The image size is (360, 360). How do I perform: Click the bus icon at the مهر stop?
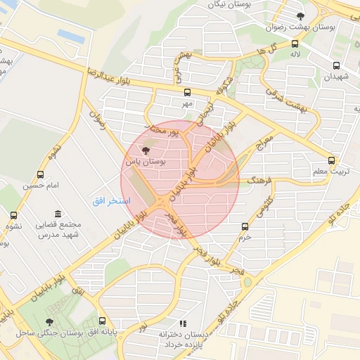coord(187,92)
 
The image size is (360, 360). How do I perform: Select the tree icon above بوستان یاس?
coord(146,150)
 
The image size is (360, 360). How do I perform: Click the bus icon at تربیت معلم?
coord(332,160)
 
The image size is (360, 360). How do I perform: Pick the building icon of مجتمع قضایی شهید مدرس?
coord(57,214)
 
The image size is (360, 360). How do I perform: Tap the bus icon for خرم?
coord(245,226)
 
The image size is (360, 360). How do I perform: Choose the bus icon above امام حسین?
coord(39,174)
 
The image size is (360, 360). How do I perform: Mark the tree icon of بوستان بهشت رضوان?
coord(301,15)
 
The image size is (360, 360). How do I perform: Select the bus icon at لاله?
coord(293,44)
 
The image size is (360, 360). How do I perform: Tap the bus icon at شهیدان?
coord(335,66)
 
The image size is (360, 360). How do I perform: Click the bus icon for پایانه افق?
coord(103,321)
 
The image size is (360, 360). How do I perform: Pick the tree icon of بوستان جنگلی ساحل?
coord(49,321)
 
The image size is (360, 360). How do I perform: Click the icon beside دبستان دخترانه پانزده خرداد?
coord(183,324)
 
